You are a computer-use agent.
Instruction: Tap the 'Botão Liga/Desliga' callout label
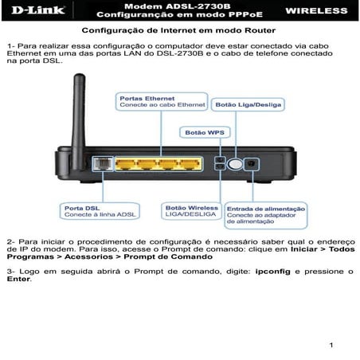[x=248, y=104]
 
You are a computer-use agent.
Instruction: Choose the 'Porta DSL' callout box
[x=91, y=211]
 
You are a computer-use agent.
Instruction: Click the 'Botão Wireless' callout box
[x=191, y=211]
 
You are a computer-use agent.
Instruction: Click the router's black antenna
[x=80, y=112]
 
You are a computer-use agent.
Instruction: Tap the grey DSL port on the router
[x=101, y=163]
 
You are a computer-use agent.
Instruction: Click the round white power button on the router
[x=235, y=164]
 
